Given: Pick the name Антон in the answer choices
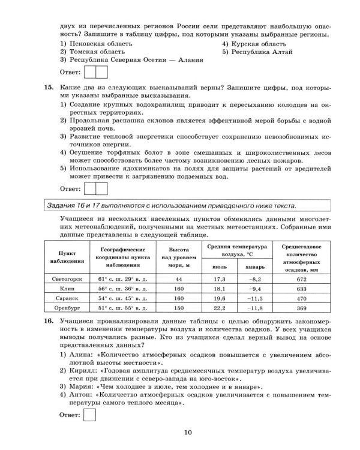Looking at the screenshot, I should point(81,395).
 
